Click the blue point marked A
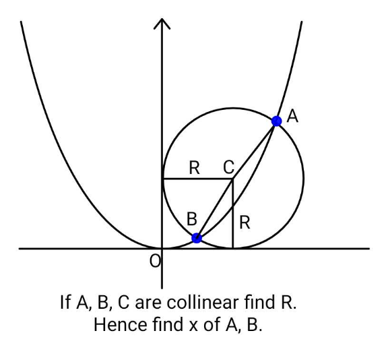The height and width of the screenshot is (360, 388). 276,121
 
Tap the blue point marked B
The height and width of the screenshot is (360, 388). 197,238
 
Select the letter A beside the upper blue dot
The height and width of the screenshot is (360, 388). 292,117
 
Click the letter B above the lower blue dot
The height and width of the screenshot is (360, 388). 192,219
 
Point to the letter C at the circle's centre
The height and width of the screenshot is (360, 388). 228,167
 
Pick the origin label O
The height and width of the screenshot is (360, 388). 155,261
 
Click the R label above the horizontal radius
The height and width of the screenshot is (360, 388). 194,168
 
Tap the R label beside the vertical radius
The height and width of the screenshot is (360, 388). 245,222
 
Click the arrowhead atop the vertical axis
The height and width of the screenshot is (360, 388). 162,24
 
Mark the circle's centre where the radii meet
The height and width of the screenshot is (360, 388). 232,179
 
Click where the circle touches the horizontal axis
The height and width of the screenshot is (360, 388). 232,248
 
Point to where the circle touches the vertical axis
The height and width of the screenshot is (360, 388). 162,179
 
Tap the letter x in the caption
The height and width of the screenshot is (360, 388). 193,326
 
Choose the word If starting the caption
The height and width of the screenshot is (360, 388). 65,302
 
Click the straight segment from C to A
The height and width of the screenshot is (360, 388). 255,150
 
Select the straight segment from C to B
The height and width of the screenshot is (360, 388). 214,208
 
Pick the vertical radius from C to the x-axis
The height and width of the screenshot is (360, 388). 232,214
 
